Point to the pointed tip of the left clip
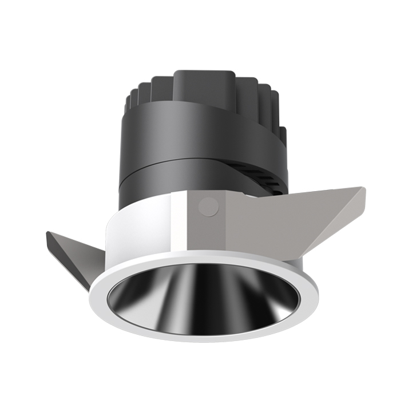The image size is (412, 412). (48, 233)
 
